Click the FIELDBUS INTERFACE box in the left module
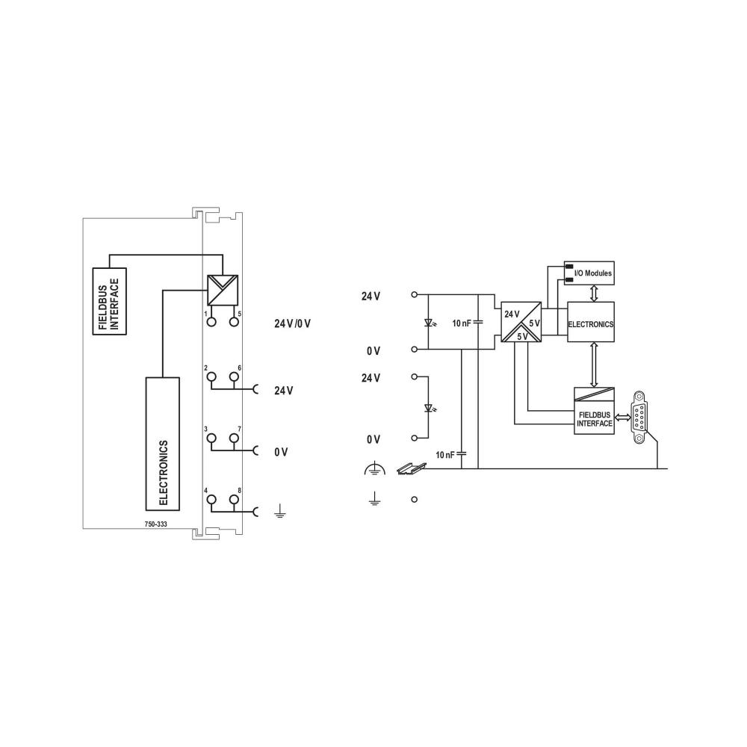point(109,301)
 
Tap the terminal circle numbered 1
point(211,322)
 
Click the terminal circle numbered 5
point(235,322)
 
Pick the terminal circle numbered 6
point(235,377)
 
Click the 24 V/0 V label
point(292,323)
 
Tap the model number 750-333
point(156,524)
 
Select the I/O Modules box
point(589,274)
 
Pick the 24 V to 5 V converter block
point(523,324)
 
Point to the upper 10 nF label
point(462,323)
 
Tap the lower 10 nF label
point(446,454)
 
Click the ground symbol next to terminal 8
point(279,512)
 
